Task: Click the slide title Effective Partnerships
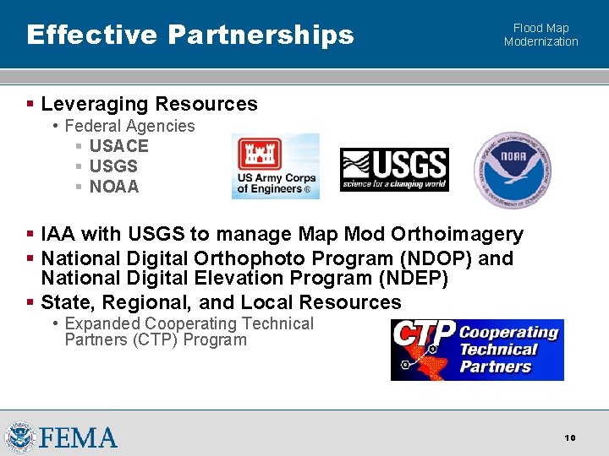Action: pos(189,35)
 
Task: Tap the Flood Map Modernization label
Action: pos(540,35)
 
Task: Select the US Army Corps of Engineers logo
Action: pos(276,166)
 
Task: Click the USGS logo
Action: pos(394,170)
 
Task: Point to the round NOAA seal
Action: pos(513,170)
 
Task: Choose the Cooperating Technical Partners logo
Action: pos(477,350)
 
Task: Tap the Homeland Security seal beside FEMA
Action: pos(19,437)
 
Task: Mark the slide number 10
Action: pos(570,437)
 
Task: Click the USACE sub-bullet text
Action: pos(118,146)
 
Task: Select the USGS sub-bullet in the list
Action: pos(113,166)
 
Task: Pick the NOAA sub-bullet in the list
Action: pos(113,187)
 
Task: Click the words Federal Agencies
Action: pos(129,126)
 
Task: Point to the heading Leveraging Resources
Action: pos(149,104)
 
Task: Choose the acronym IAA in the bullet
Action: pos(58,234)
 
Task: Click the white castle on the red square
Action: pos(260,154)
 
